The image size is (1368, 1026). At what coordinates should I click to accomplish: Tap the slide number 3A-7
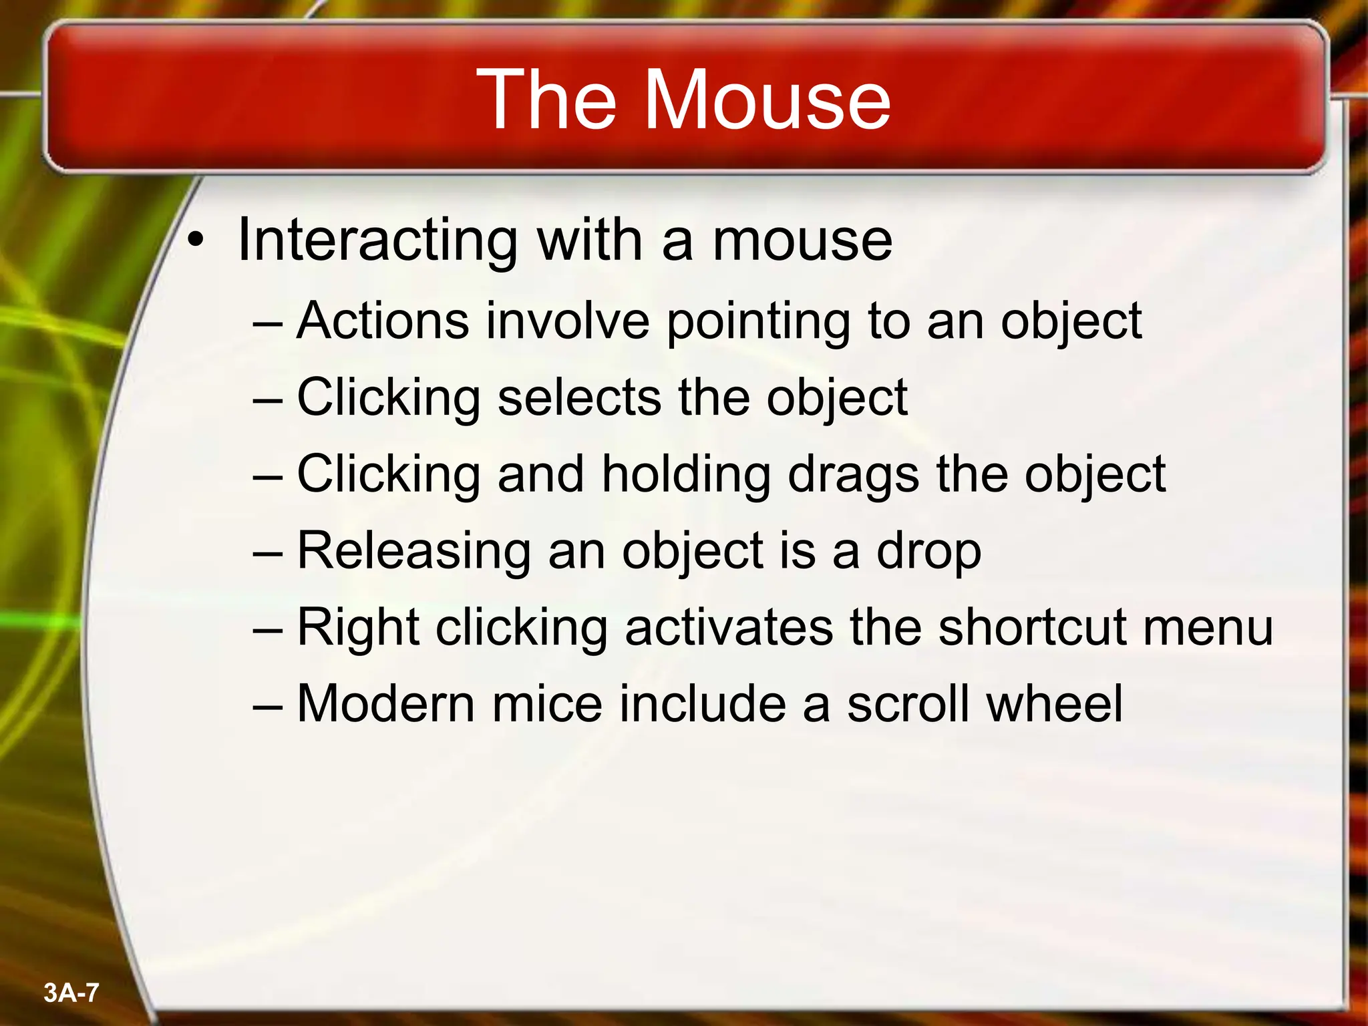[71, 993]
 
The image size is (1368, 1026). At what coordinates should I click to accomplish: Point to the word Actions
[383, 321]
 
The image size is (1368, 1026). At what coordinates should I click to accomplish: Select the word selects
[579, 397]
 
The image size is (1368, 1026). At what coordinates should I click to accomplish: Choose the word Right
[358, 629]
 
